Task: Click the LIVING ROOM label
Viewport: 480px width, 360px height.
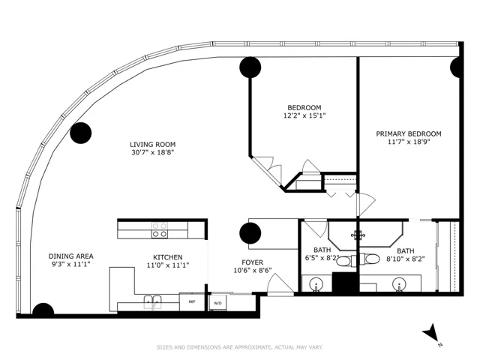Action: (x=153, y=145)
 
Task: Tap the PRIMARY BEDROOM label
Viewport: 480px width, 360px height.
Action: (x=409, y=133)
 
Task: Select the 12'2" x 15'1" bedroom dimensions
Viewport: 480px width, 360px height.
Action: (x=304, y=115)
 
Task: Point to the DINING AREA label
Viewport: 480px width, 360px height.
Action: (x=71, y=256)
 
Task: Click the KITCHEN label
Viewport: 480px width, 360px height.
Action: (x=168, y=257)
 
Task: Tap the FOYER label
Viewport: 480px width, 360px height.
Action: (x=253, y=262)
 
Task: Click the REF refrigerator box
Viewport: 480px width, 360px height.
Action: (x=192, y=301)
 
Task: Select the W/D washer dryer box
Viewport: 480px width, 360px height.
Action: (x=217, y=303)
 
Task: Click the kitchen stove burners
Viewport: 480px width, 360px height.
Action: (x=160, y=230)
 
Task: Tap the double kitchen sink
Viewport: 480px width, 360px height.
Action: (x=153, y=301)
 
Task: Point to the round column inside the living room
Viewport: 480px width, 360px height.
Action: (x=81, y=133)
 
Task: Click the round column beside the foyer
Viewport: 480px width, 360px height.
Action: (x=250, y=233)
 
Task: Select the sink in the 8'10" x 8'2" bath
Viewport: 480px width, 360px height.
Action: (x=399, y=284)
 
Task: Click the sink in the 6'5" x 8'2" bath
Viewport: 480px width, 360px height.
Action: (x=316, y=284)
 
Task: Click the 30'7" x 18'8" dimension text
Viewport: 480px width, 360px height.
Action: (x=153, y=152)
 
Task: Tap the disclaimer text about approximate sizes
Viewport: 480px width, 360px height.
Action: (x=240, y=347)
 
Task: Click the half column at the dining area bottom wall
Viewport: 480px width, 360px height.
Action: (x=43, y=309)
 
